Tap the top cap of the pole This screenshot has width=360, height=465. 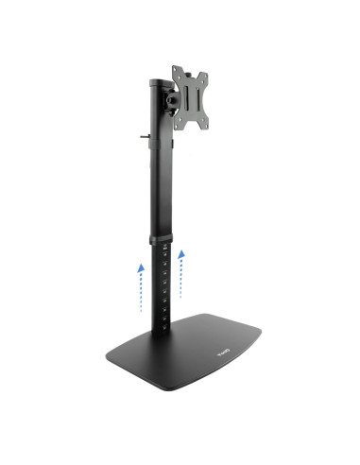pyautogui.click(x=155, y=83)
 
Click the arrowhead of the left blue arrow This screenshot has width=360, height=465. pyautogui.click(x=140, y=268)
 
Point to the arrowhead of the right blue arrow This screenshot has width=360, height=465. pyautogui.click(x=181, y=252)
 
